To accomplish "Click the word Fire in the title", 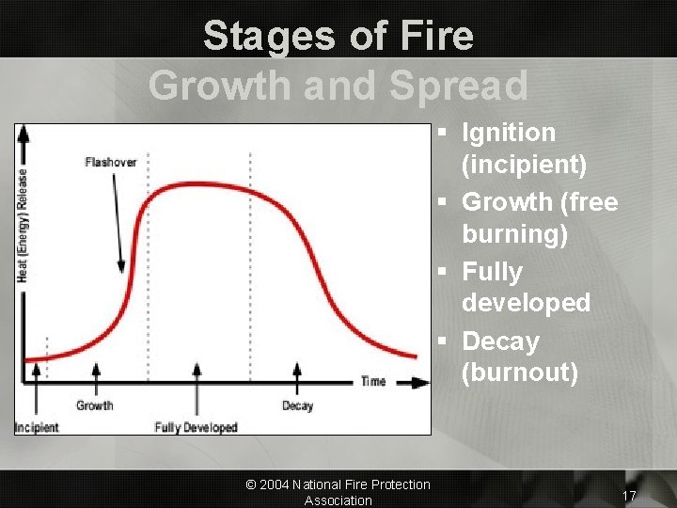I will [433, 36].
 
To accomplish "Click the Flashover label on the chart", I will [110, 162].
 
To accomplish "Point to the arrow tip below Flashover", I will [122, 271].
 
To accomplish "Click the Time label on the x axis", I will [372, 381].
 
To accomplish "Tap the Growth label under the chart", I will [94, 406].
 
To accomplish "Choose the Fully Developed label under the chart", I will [196, 428].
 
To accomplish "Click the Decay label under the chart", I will [297, 406].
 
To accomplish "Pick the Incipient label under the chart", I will [37, 428].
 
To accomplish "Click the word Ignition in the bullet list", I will [509, 133].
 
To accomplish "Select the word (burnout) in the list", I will [519, 373].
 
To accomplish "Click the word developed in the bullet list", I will [526, 303].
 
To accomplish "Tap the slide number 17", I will [629, 496].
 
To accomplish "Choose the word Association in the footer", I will [338, 500].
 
